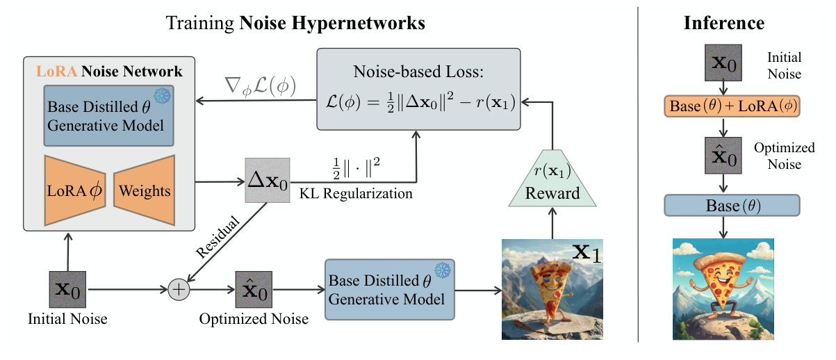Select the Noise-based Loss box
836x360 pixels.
(418, 88)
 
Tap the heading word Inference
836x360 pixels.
(724, 23)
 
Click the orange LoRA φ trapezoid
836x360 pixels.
(74, 190)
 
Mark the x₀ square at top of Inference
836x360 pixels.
(723, 64)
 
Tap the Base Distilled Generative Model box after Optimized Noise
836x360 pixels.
(388, 290)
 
